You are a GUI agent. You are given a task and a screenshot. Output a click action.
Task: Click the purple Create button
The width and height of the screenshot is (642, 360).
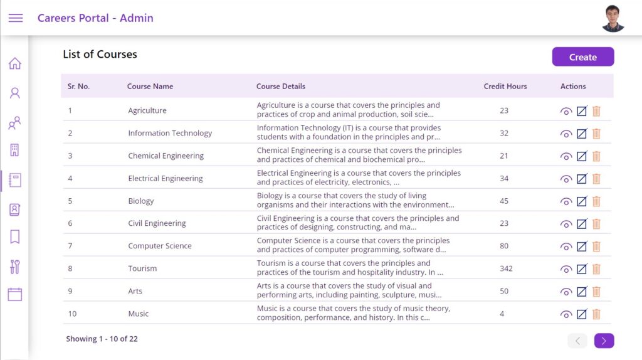click(582, 56)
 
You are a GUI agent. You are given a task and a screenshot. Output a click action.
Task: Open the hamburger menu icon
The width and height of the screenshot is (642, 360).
click(16, 18)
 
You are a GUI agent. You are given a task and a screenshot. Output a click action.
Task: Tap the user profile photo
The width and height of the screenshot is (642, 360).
click(613, 18)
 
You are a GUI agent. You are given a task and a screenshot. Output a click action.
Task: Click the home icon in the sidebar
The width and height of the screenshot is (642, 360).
click(15, 63)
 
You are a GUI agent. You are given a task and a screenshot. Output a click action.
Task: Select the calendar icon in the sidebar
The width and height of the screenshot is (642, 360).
click(15, 294)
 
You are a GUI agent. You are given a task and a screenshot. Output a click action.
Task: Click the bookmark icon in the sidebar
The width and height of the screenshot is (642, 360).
click(15, 236)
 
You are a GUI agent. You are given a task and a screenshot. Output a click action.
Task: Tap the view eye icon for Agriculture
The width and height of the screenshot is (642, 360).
click(566, 112)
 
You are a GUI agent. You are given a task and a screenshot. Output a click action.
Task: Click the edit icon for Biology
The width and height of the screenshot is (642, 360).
click(581, 201)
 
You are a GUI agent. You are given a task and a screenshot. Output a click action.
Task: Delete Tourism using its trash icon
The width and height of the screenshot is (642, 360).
click(596, 268)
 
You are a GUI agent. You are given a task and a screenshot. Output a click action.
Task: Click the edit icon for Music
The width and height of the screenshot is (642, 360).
click(581, 314)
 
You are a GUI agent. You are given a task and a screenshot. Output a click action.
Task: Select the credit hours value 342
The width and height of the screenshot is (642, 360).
click(506, 268)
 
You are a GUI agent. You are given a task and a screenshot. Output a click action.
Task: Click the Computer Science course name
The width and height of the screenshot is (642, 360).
click(160, 246)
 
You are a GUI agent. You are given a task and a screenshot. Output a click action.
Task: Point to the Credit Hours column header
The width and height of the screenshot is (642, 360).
click(505, 87)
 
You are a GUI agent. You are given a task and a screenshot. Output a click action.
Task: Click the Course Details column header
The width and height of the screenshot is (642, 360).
click(281, 87)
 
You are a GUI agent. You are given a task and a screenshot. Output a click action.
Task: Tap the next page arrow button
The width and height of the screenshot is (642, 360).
click(604, 341)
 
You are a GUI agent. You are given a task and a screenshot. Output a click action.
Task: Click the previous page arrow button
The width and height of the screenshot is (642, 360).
click(577, 341)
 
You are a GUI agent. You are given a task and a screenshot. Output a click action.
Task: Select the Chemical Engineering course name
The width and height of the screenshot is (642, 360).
click(166, 156)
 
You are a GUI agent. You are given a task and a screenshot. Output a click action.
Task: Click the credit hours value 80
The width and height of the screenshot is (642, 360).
click(504, 246)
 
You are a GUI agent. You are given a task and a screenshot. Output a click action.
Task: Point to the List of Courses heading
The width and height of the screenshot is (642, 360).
click(100, 54)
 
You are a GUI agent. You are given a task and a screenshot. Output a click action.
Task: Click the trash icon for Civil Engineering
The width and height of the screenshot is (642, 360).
click(596, 224)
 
